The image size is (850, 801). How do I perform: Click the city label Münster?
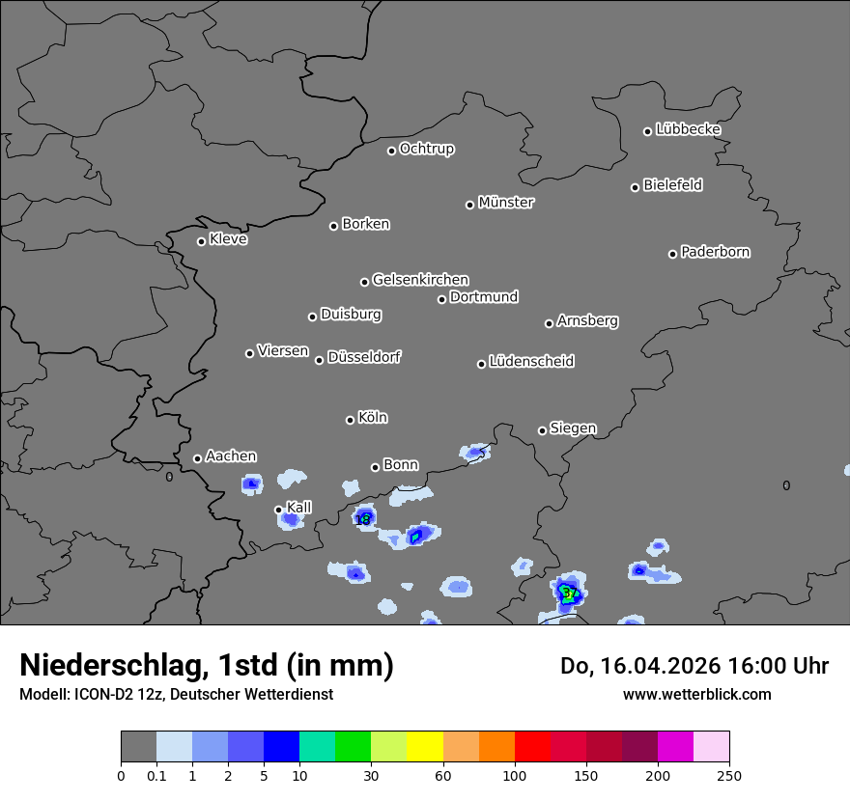tap(506, 203)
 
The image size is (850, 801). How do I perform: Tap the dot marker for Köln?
tap(350, 420)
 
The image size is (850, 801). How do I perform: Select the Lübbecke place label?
tap(688, 129)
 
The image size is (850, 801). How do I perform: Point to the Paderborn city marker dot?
tap(673, 254)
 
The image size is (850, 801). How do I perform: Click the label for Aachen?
tap(231, 456)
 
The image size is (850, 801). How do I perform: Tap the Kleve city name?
tap(228, 239)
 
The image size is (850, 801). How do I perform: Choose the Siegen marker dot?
tap(542, 430)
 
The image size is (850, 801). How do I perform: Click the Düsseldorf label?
tap(364, 357)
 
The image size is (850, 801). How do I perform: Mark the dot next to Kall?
tap(278, 510)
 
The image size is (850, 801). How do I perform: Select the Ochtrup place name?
tap(426, 149)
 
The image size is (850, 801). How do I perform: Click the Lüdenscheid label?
tap(531, 362)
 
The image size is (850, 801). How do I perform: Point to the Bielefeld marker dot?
tap(636, 187)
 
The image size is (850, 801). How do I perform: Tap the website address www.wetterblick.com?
tap(697, 694)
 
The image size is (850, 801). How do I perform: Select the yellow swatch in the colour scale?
tap(425, 747)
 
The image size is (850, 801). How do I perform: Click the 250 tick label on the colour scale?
tap(729, 775)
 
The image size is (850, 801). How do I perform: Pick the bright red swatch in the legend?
tap(532, 747)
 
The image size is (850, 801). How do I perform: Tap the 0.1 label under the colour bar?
tap(156, 775)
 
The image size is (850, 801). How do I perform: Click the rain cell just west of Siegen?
tap(474, 452)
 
